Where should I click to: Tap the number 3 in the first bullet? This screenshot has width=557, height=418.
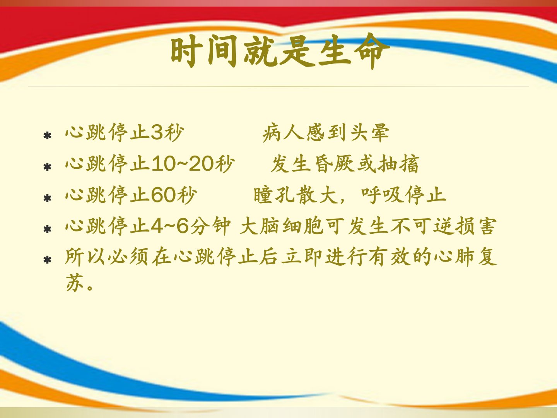[157, 132]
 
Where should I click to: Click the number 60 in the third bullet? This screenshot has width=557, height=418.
[163, 195]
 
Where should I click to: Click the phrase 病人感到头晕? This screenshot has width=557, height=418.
[326, 132]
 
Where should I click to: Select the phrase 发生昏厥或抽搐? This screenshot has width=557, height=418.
[345, 164]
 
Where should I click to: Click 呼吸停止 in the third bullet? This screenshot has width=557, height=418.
[403, 195]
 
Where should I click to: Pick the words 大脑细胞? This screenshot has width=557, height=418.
[282, 226]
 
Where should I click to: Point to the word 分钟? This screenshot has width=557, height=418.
[211, 226]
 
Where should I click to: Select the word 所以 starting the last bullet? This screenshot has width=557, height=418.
[85, 257]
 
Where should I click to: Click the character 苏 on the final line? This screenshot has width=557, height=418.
[75, 283]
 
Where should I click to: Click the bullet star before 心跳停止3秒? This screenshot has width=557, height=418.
[48, 136]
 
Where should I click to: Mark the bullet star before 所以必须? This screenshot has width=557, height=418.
[48, 260]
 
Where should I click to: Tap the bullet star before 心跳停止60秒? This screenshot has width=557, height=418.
[48, 198]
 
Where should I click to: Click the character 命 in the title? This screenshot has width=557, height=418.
[372, 51]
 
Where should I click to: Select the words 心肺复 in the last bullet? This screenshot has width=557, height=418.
[465, 257]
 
